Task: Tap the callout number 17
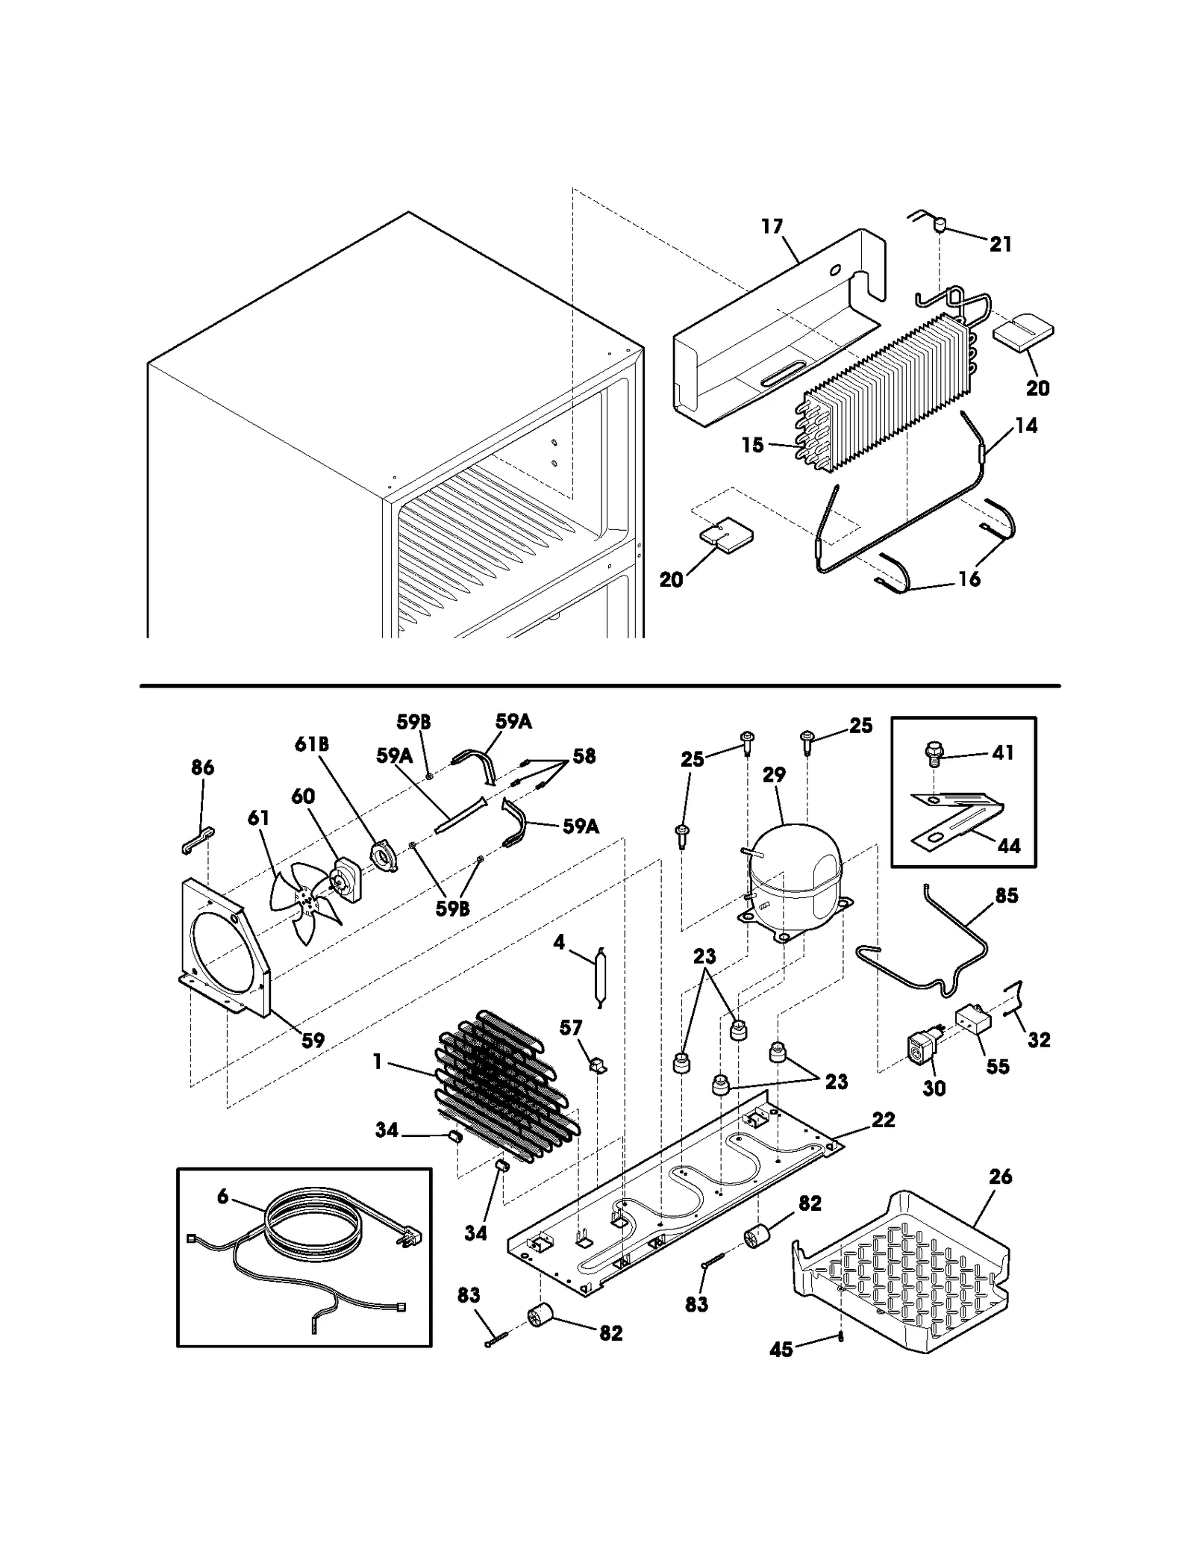point(772,226)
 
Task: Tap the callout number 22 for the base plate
point(883,1120)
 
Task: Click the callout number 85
point(1007,895)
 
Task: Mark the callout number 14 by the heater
point(1026,426)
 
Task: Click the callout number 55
point(997,1066)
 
